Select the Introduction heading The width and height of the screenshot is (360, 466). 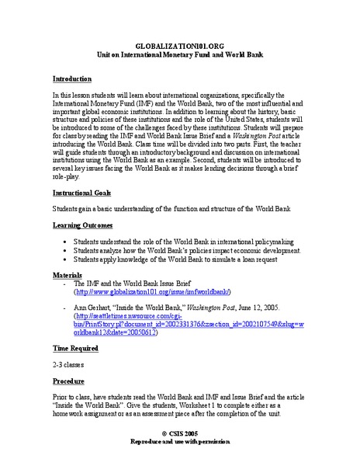click(x=71, y=79)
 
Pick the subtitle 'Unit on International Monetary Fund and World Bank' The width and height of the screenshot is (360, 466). click(x=179, y=57)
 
